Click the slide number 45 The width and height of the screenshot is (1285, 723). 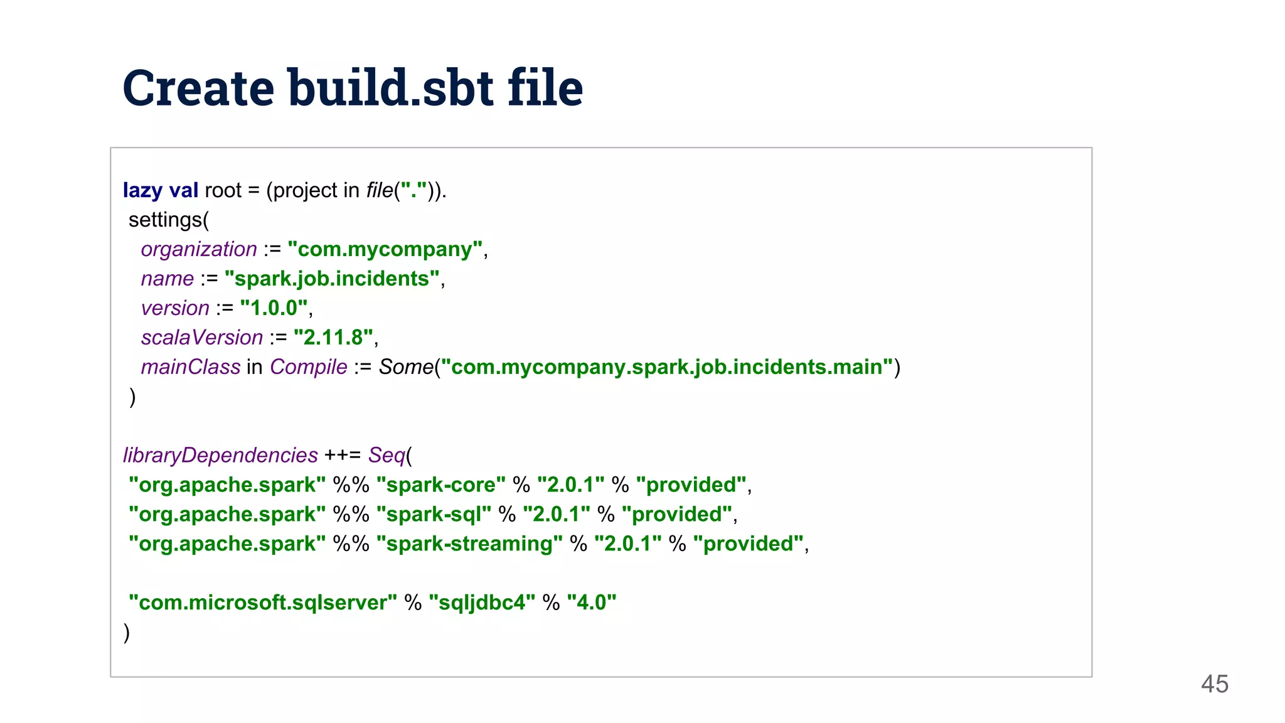(x=1214, y=684)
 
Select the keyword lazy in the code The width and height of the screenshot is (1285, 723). (x=142, y=190)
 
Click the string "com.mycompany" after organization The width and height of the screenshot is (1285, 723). (x=385, y=249)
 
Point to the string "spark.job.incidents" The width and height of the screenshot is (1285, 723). (x=332, y=279)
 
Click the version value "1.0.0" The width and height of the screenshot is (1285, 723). (x=274, y=308)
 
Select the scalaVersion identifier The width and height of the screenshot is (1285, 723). (x=202, y=338)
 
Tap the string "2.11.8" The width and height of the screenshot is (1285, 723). (x=333, y=338)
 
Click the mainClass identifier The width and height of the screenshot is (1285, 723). (x=191, y=367)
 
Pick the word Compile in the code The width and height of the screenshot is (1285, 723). (x=309, y=367)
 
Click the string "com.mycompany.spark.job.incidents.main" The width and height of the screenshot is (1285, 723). (x=666, y=367)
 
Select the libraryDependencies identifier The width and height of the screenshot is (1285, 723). (x=220, y=456)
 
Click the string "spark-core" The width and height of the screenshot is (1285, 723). (x=440, y=485)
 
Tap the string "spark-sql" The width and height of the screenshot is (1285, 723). (x=434, y=515)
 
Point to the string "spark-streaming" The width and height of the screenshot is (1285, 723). (x=469, y=544)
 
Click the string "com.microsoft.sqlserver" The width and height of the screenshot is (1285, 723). (x=262, y=603)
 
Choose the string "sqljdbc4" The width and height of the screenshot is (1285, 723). (x=482, y=603)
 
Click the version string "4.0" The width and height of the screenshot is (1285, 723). (x=591, y=603)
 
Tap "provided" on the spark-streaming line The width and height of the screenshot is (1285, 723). (x=749, y=544)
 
